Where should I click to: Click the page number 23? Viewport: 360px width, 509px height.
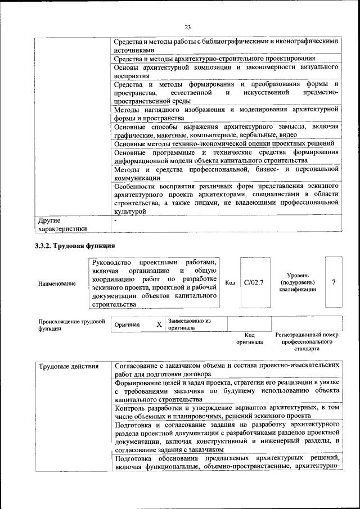point(187,27)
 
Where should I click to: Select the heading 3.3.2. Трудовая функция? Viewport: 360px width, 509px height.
point(75,246)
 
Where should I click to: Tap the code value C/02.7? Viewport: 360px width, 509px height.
point(254,282)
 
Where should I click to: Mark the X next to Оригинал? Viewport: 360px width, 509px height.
point(159,325)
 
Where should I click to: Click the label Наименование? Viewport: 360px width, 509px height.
point(57,283)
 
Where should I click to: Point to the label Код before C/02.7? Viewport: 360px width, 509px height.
point(230,282)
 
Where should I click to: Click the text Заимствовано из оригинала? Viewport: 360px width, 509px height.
point(188,324)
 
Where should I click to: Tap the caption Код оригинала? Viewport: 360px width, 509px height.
point(246,338)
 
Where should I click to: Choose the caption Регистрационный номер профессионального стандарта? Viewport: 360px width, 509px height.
point(307,341)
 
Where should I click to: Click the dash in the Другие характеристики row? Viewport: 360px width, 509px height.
point(115,220)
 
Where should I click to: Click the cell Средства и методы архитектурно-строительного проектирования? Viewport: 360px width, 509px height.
point(222,59)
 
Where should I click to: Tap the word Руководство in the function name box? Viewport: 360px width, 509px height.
point(111,263)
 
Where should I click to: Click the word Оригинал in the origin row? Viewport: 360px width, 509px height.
point(127,325)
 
